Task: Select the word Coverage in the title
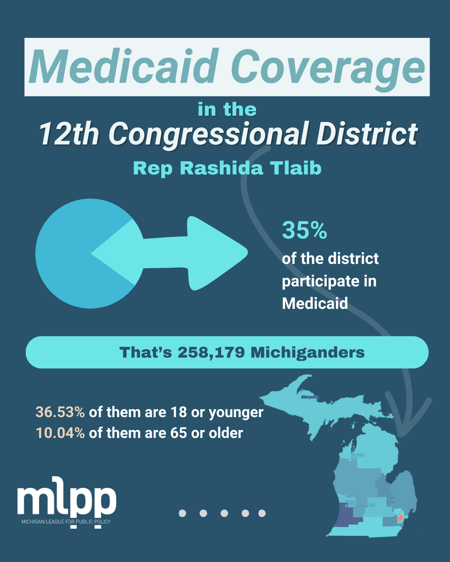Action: [327, 67]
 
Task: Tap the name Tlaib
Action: [295, 168]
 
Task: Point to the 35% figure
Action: [305, 230]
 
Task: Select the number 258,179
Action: [211, 353]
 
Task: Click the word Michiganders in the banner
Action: [307, 353]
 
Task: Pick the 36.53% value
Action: [60, 412]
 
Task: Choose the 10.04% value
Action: [60, 433]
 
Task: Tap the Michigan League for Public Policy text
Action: [66, 522]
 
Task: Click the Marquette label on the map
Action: [310, 397]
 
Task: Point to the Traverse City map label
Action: [357, 456]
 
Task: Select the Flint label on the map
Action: [391, 500]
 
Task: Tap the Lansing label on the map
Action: [368, 505]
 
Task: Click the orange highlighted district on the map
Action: [400, 517]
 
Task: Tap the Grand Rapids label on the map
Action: [350, 504]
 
